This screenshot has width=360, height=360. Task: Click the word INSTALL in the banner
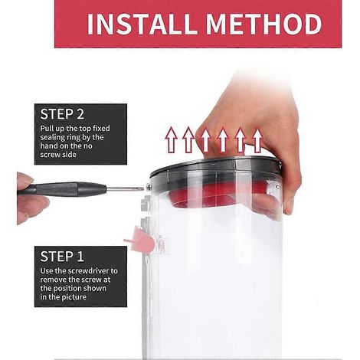[x=142, y=24]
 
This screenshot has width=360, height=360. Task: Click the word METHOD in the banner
[x=263, y=24]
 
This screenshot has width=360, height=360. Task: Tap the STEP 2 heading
[x=62, y=114]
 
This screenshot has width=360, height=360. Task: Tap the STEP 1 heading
[x=62, y=257]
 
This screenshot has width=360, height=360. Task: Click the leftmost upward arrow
[x=172, y=140]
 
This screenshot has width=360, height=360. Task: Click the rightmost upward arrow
[x=257, y=141]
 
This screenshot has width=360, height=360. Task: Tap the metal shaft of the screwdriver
[x=125, y=189]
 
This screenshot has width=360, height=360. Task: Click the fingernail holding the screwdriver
[x=25, y=178]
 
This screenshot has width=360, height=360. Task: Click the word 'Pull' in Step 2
[x=45, y=128]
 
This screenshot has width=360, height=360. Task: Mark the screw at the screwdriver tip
[x=149, y=188]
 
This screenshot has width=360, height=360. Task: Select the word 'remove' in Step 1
[x=53, y=280]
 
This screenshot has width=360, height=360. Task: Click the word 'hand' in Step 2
[x=48, y=146]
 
